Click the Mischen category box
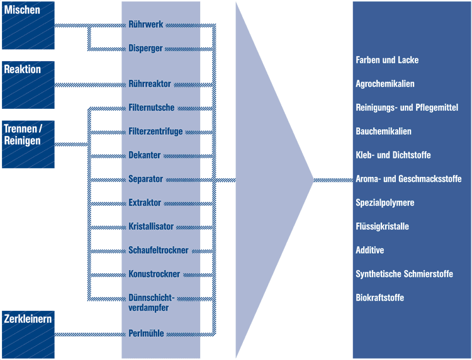coord(28,25)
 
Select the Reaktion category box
coord(28,84)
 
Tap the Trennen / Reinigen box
coord(28,144)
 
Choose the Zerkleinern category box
coord(28,333)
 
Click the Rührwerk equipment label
coord(146,25)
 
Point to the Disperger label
coord(146,48)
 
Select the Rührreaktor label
coord(150,84)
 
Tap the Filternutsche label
coord(152,108)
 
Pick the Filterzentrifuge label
coord(155,132)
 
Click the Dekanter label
coord(145,155)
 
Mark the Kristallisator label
coord(151,227)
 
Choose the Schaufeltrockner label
coord(159,250)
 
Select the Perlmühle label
coord(147,334)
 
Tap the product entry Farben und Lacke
coord(387,60)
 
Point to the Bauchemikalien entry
coord(384,132)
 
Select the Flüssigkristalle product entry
coord(383,227)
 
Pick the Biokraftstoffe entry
coord(379,298)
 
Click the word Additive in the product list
coord(370,250)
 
